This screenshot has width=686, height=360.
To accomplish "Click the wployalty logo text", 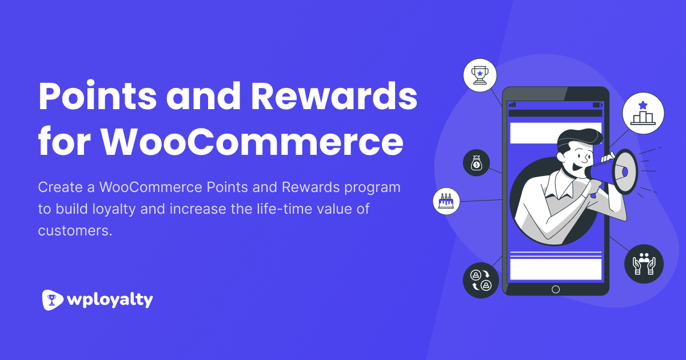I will (109, 299).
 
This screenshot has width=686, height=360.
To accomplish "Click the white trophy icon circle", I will (480, 75).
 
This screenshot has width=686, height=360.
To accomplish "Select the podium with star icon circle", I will (643, 113).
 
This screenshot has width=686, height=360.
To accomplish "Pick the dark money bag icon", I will (476, 163).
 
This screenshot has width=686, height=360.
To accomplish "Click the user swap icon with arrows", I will (480, 280).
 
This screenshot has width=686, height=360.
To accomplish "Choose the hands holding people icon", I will (644, 264).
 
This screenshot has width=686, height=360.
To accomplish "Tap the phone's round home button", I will (555, 289).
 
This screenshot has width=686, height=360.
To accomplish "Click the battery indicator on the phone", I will (597, 105).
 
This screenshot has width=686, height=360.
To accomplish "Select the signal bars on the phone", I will (512, 105).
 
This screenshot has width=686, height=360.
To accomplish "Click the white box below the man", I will (555, 269).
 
